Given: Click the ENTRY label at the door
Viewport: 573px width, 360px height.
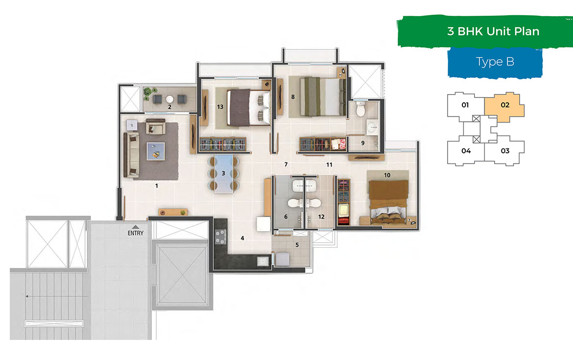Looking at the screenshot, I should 136,233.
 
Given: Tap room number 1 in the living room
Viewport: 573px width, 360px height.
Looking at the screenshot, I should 156,186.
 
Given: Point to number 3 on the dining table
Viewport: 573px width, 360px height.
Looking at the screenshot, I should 223,173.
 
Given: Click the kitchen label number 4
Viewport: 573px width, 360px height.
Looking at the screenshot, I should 242,239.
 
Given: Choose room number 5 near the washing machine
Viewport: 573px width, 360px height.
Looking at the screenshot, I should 296,244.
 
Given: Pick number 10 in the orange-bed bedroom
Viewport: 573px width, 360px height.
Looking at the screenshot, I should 387,175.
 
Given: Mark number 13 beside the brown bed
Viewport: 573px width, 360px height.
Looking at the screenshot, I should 220,107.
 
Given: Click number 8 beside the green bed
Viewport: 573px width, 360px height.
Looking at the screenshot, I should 293,97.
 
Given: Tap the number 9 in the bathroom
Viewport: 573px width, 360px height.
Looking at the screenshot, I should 362,144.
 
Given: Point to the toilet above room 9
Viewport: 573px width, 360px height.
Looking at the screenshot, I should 361,110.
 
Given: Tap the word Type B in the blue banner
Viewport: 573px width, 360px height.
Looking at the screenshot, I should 495,62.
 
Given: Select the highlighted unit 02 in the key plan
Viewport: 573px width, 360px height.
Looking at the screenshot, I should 505,105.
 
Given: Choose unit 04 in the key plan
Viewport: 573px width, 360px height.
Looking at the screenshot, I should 466,151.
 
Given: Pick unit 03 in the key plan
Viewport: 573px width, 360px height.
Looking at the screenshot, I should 505,151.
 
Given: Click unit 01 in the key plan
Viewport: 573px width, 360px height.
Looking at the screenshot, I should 465,105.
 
